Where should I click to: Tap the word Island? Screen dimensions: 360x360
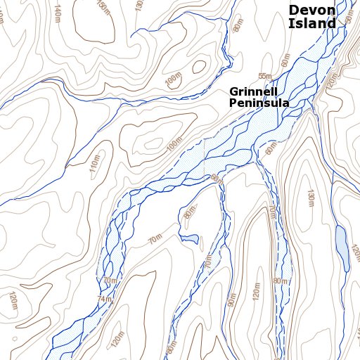(x=311, y=23)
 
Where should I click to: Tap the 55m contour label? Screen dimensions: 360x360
(x=264, y=76)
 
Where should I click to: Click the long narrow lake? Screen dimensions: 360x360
(x=342, y=247)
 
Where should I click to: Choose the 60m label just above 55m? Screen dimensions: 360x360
(x=285, y=61)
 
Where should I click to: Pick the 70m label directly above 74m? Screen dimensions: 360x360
(x=108, y=281)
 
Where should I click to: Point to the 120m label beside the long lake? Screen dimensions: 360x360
(x=355, y=253)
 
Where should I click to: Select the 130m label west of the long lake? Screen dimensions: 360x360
(x=309, y=200)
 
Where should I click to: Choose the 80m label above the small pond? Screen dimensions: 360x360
(x=189, y=213)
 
